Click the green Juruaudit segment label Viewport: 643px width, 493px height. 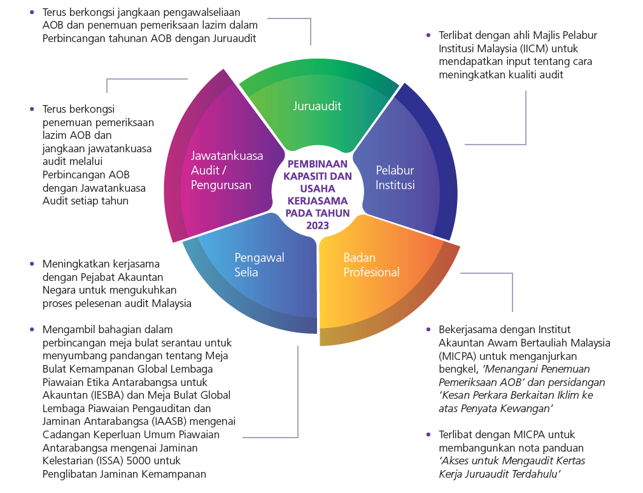click(317, 106)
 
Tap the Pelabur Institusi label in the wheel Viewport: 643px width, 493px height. click(395, 178)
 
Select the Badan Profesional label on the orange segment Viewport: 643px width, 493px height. click(371, 265)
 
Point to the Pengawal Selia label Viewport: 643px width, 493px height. click(259, 265)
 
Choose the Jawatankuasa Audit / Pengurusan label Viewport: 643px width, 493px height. click(227, 170)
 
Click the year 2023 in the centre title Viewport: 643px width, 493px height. click(317, 225)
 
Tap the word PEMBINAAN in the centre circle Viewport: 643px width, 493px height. click(317, 164)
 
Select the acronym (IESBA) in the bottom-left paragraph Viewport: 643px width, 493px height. click(111, 395)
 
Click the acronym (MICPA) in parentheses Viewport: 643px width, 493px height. click(456, 355)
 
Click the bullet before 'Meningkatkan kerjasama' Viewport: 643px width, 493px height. click(32, 263)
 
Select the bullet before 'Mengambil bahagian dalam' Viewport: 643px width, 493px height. click(32, 329)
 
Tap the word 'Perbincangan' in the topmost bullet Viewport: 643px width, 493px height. click(71, 38)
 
